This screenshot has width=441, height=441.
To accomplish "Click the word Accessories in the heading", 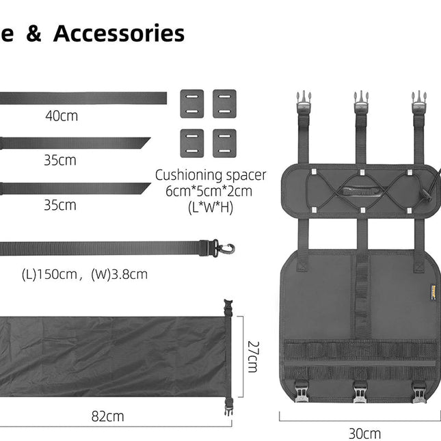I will pos(119,34).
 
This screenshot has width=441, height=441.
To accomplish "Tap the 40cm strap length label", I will pos(62,116).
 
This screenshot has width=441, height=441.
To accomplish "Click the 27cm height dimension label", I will pos(252,356).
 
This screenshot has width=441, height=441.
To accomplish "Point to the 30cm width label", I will pos(364,433).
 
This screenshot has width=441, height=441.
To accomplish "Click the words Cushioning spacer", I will pos(211,175).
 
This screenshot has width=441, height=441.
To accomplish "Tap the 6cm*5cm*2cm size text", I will pos(209,191).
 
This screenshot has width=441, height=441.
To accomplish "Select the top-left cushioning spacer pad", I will pos(191,103).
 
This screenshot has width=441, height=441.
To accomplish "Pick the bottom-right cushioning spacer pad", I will pos(224,142).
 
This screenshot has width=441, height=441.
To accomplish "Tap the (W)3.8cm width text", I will pos(119,275).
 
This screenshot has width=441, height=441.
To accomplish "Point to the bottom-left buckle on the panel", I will pos(302,392).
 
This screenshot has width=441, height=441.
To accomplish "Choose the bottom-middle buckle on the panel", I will pos(360,392).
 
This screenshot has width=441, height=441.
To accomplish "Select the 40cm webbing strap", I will pos(82,98).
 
